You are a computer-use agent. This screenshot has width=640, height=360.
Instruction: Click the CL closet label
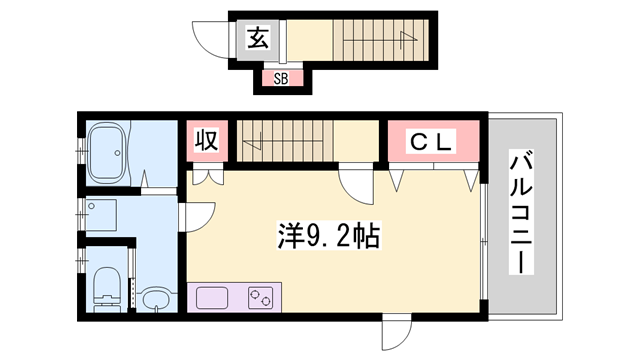pos(431,142)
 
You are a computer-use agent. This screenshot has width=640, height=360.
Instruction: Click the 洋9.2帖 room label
pos(326,236)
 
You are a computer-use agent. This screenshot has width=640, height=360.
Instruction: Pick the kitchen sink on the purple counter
pos(214,297)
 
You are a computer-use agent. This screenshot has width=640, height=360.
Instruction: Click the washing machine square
pos(102,216)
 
